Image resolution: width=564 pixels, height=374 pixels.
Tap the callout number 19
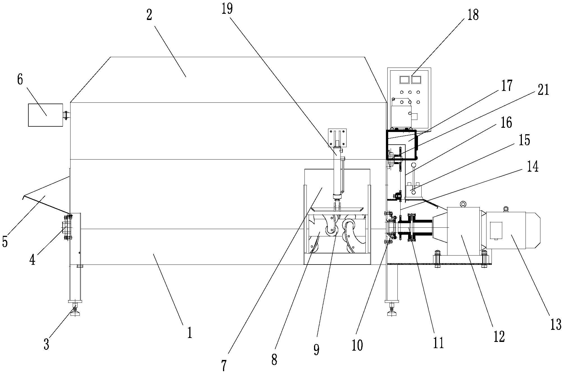pyautogui.click(x=227, y=9)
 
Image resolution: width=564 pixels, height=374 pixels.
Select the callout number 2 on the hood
pyautogui.click(x=149, y=15)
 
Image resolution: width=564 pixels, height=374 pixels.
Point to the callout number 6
pyautogui.click(x=20, y=80)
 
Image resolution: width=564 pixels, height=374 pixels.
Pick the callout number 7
pyautogui.click(x=224, y=366)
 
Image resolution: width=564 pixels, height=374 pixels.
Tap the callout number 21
pyautogui.click(x=543, y=90)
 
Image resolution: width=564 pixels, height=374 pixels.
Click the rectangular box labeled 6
pyautogui.click(x=46, y=115)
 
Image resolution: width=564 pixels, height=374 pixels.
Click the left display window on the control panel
pyautogui.click(x=404, y=80)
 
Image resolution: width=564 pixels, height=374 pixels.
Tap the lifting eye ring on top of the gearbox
pyautogui.click(x=463, y=204)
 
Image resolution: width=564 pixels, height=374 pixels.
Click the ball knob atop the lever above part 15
pyautogui.click(x=413, y=165)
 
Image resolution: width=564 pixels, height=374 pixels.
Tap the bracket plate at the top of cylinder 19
pyautogui.click(x=337, y=138)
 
